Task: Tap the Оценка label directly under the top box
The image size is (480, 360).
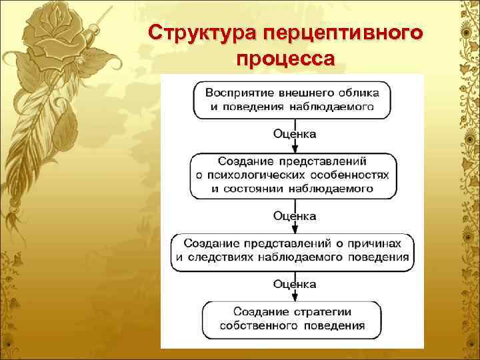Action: pos(295,134)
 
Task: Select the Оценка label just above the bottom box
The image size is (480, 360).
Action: pos(295,284)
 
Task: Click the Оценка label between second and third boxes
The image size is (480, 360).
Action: pos(295,216)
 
